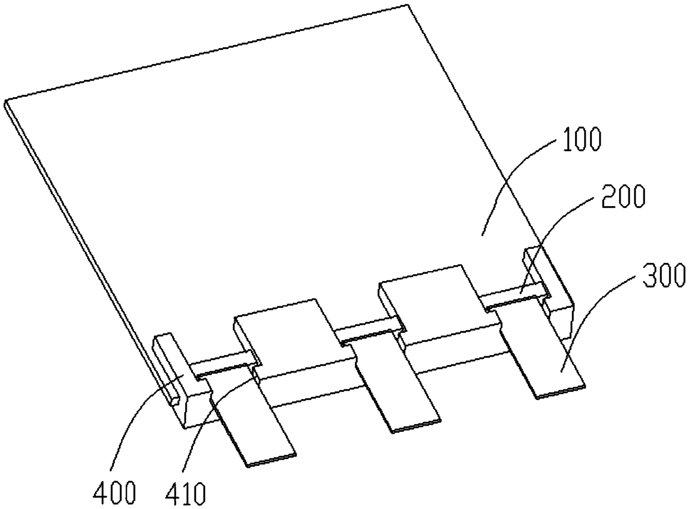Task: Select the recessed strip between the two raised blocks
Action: coord(370,331)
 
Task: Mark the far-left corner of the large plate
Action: coord(6,103)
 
